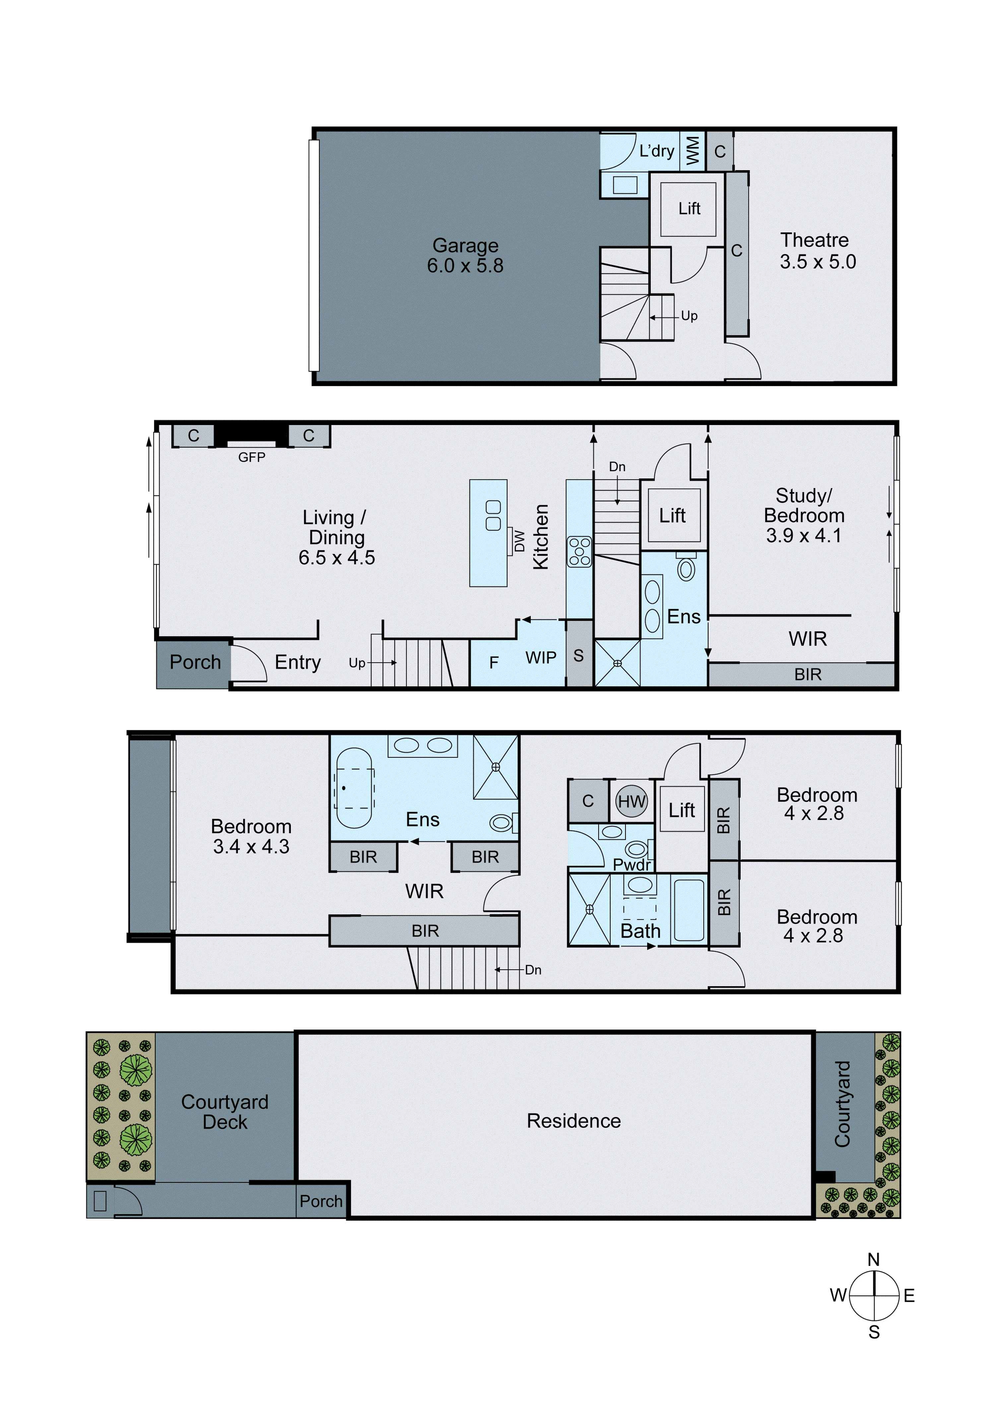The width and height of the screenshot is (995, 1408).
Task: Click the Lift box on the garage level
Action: (689, 209)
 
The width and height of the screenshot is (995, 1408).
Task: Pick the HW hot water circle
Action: (631, 801)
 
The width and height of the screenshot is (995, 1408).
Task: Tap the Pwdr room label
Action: (631, 865)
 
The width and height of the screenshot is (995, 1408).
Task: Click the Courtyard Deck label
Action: (225, 1112)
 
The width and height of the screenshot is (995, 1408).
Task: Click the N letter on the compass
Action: (873, 1260)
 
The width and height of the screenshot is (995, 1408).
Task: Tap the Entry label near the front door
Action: (297, 662)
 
